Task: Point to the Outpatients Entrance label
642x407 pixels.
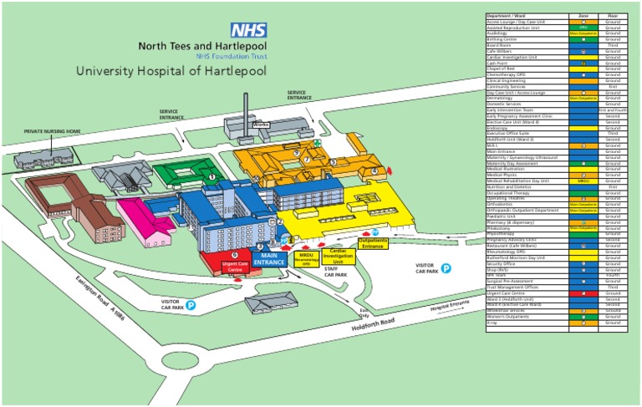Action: point(372,244)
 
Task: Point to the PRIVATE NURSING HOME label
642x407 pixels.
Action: point(53,131)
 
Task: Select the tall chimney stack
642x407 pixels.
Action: point(247,109)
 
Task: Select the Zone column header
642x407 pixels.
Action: point(583,15)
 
